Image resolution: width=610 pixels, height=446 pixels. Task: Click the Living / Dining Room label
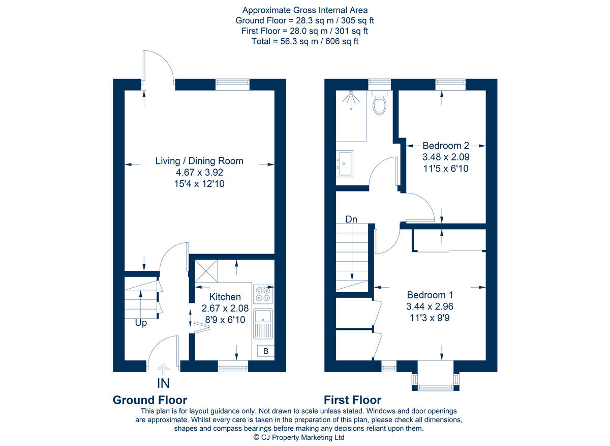coord(199,161)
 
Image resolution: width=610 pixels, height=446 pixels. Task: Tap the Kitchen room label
coord(225,297)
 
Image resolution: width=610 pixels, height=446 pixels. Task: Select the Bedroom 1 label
coord(430,295)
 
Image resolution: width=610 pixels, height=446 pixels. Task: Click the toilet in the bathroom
coord(380,103)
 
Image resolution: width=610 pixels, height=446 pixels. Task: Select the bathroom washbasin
coord(345,163)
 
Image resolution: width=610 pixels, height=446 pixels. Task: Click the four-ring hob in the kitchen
coord(263,294)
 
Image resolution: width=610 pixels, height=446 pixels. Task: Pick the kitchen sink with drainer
coord(263,324)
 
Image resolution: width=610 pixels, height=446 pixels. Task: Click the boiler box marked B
coord(265,351)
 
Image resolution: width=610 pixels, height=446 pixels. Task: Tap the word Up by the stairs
coord(141,323)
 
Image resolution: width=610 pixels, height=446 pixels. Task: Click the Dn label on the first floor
coord(351,219)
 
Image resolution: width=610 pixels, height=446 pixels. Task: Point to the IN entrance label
coord(163,383)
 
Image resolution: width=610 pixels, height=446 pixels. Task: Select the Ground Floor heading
coord(149,400)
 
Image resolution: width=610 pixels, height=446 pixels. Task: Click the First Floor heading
coord(352,400)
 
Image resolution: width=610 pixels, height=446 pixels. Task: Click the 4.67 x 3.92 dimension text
coord(199,173)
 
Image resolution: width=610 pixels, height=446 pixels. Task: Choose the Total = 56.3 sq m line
coord(305,41)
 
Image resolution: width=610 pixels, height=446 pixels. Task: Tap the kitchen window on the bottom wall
coord(233,365)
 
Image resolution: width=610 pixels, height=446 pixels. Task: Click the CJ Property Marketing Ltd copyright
coord(299,437)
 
